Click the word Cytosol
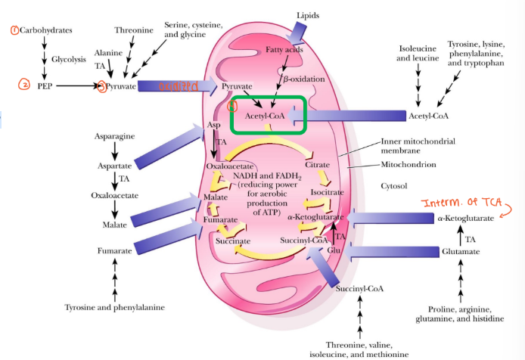396,185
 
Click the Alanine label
107,53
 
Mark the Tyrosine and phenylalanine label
114,307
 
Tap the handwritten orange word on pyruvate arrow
177,87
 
